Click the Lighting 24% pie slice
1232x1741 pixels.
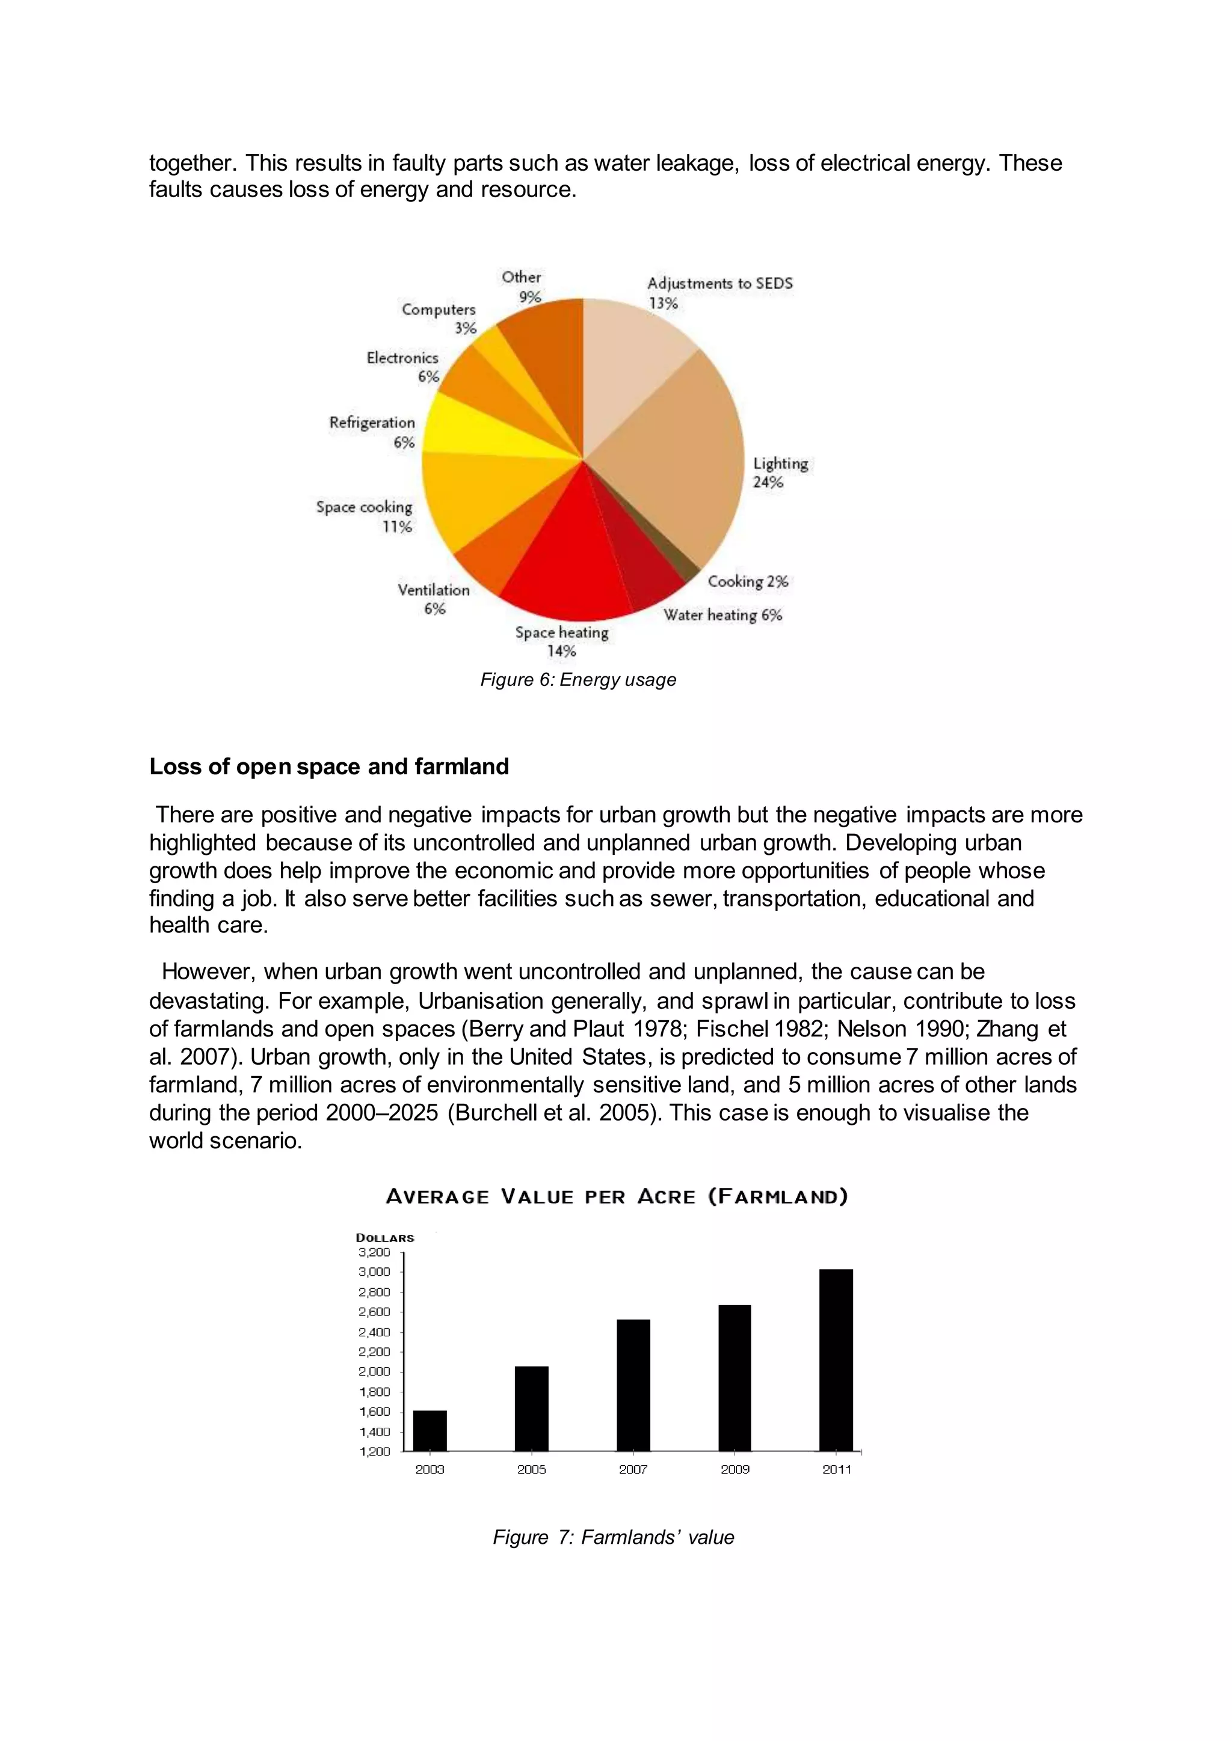pyautogui.click(x=675, y=462)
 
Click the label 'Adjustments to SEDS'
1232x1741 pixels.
pyautogui.click(x=719, y=284)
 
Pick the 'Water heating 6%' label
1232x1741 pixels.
pyautogui.click(x=722, y=615)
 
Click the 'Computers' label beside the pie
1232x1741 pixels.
pyautogui.click(x=439, y=310)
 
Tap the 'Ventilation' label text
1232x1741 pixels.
pyautogui.click(x=433, y=590)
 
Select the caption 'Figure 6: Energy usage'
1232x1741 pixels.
pyautogui.click(x=577, y=679)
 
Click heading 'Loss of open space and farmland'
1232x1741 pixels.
pyautogui.click(x=328, y=766)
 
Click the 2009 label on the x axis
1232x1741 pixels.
pyautogui.click(x=735, y=1469)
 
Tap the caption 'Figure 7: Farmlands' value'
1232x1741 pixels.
pyautogui.click(x=613, y=1537)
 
